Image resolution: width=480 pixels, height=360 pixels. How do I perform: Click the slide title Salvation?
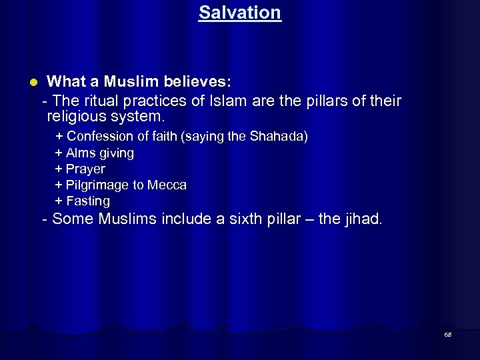click(x=239, y=13)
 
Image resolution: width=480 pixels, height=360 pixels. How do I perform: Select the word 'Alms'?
click(x=81, y=153)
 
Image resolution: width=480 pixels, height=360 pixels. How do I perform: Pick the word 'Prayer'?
click(x=85, y=169)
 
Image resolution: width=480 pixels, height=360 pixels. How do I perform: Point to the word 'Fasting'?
click(x=88, y=201)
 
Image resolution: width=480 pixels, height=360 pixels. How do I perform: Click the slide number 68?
click(x=448, y=335)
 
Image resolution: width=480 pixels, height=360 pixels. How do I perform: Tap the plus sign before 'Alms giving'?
click(x=59, y=153)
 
